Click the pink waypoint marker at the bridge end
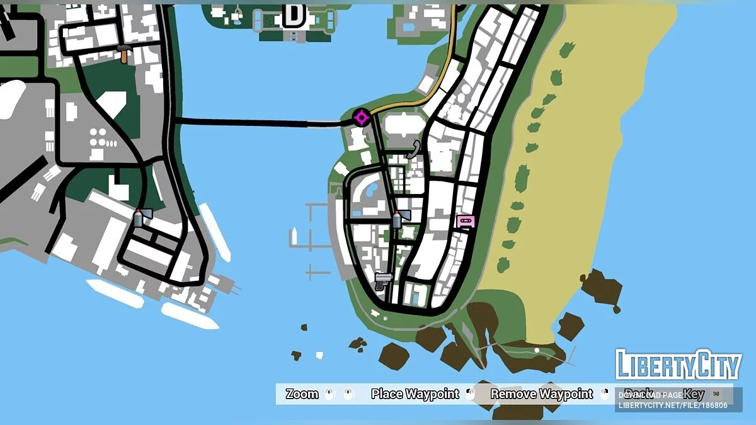[x=361, y=117]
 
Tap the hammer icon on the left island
[x=124, y=54]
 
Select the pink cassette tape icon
[x=466, y=222]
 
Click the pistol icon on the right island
[x=382, y=280]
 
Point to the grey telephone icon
[x=413, y=149]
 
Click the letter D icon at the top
[x=294, y=15]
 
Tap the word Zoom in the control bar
[x=302, y=394]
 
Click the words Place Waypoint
[x=415, y=394]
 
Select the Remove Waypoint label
[x=542, y=394]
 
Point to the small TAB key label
[x=716, y=394]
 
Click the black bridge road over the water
[x=252, y=122]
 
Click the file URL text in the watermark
[x=672, y=405]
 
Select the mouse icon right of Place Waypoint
[x=470, y=394]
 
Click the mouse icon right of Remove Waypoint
[x=605, y=394]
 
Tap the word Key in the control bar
[x=694, y=394]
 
